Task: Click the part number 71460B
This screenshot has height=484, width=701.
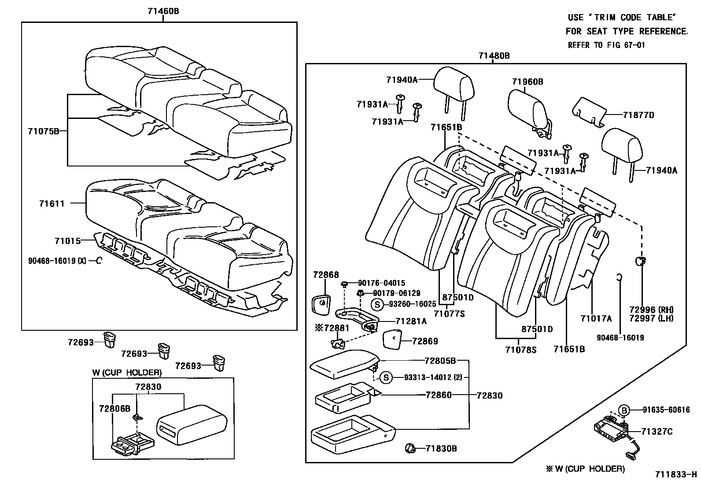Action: [x=163, y=11]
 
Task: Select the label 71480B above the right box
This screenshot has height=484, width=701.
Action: [x=494, y=56]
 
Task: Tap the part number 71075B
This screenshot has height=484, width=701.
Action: [x=44, y=131]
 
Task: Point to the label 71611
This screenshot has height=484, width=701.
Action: [x=52, y=203]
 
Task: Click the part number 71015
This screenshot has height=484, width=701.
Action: [x=68, y=241]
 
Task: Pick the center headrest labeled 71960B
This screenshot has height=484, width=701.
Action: [x=529, y=113]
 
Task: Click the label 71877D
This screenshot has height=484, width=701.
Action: [x=638, y=115]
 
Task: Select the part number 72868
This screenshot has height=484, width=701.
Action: [x=326, y=275]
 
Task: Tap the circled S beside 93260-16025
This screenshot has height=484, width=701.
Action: [x=377, y=305]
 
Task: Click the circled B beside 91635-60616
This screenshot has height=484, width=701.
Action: [x=624, y=410]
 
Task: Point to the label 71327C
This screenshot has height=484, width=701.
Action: [x=657, y=432]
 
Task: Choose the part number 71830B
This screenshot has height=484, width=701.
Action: [x=441, y=449]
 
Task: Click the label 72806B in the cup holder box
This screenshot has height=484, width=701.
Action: [x=114, y=409]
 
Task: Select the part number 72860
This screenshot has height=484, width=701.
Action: [x=439, y=395]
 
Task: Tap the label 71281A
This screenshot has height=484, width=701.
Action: [x=411, y=321]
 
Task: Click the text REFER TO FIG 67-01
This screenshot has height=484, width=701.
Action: [x=606, y=45]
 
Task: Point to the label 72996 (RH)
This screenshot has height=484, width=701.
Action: [x=651, y=310]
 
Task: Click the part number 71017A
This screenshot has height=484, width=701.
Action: [x=596, y=318]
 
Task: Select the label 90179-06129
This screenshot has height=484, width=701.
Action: [x=396, y=293]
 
